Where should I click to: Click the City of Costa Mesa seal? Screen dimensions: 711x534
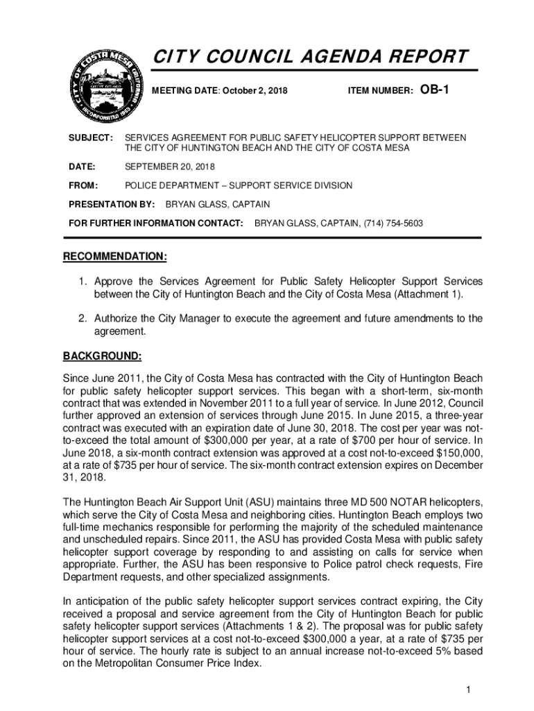103,85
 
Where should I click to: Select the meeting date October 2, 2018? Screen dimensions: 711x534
248,91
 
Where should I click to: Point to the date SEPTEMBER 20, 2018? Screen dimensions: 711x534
170,167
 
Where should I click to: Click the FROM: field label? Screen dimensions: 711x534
83,185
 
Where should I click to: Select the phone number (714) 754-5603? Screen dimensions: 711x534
393,224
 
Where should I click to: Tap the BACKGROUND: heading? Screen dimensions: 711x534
103,357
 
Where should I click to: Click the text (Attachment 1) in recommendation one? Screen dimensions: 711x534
428,294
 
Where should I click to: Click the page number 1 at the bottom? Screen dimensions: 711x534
469,689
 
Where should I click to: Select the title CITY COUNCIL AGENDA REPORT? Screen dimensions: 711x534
310,56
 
